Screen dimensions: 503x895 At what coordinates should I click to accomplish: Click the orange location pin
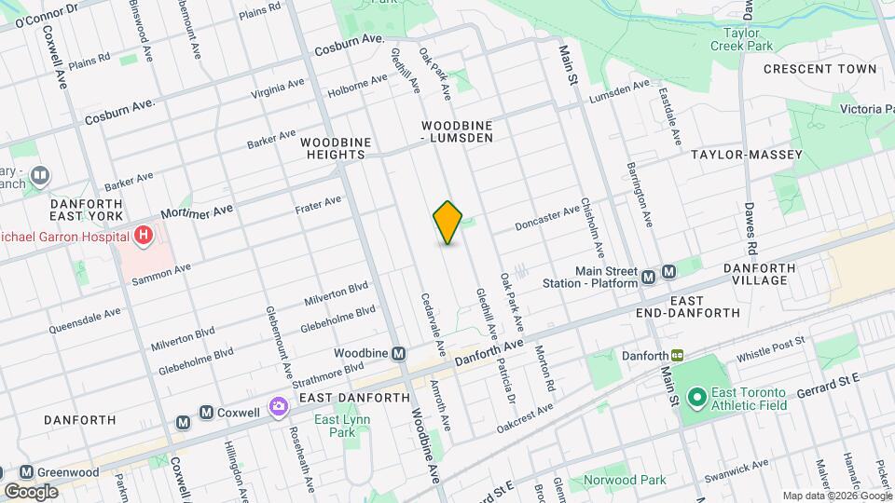(448, 222)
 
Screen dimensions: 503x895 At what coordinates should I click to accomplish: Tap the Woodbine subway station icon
(398, 353)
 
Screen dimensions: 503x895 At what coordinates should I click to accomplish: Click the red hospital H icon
(143, 236)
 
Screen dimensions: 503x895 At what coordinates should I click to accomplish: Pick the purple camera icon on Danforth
(278, 406)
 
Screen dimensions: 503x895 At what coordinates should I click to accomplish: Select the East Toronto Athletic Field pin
(695, 398)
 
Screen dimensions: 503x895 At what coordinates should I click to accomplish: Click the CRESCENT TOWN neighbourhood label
(819, 69)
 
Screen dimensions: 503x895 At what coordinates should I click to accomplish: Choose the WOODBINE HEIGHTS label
(337, 148)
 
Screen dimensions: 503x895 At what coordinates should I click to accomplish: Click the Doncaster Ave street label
(548, 219)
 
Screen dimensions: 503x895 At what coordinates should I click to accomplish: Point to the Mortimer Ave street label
(197, 217)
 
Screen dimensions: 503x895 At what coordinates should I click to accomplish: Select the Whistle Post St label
(770, 350)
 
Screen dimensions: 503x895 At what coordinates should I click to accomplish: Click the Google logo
(31, 491)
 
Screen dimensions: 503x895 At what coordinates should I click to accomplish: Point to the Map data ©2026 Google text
(835, 496)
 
